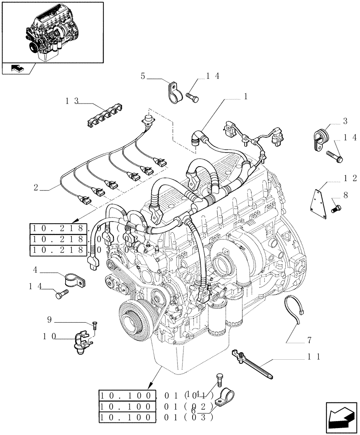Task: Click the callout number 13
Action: coord(72,101)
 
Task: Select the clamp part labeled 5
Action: coord(173,91)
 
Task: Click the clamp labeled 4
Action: coord(73,279)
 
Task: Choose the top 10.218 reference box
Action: coord(78,228)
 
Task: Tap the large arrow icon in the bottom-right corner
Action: coord(340,418)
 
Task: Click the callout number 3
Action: coord(345,120)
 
